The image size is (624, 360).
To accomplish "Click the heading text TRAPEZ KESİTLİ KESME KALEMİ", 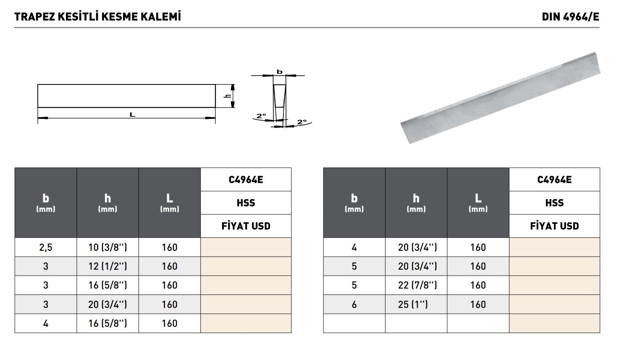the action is [x=97, y=17].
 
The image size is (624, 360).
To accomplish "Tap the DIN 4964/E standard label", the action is [x=570, y=17].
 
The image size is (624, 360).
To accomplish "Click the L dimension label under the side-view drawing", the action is [x=132, y=115].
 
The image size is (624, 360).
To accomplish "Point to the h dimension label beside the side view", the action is [x=228, y=96].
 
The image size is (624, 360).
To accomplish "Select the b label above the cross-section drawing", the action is [x=279, y=72].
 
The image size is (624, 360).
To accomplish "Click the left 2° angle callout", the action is [x=261, y=116].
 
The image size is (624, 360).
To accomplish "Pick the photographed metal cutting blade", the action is [x=500, y=98].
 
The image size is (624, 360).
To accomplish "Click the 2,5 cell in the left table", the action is [x=46, y=247].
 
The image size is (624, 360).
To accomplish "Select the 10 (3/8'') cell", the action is [x=107, y=247].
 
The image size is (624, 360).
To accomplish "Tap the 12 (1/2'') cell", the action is [x=107, y=266].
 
